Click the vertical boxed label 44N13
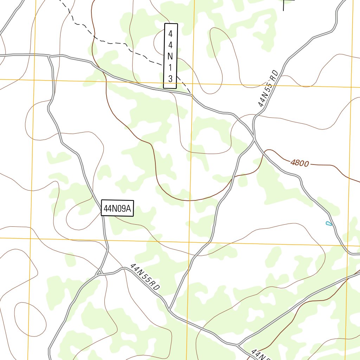[171, 56]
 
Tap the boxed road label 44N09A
[117, 208]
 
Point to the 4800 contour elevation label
[300, 163]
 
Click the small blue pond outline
[329, 223]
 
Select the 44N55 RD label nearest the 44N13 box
[268, 89]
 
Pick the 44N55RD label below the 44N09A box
[145, 277]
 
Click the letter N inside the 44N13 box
[171, 56]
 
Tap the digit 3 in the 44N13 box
[171, 78]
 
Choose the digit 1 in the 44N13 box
[171, 67]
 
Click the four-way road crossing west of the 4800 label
[254, 139]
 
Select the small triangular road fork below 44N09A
[99, 272]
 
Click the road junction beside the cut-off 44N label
[238, 345]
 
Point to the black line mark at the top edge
[284, 4]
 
